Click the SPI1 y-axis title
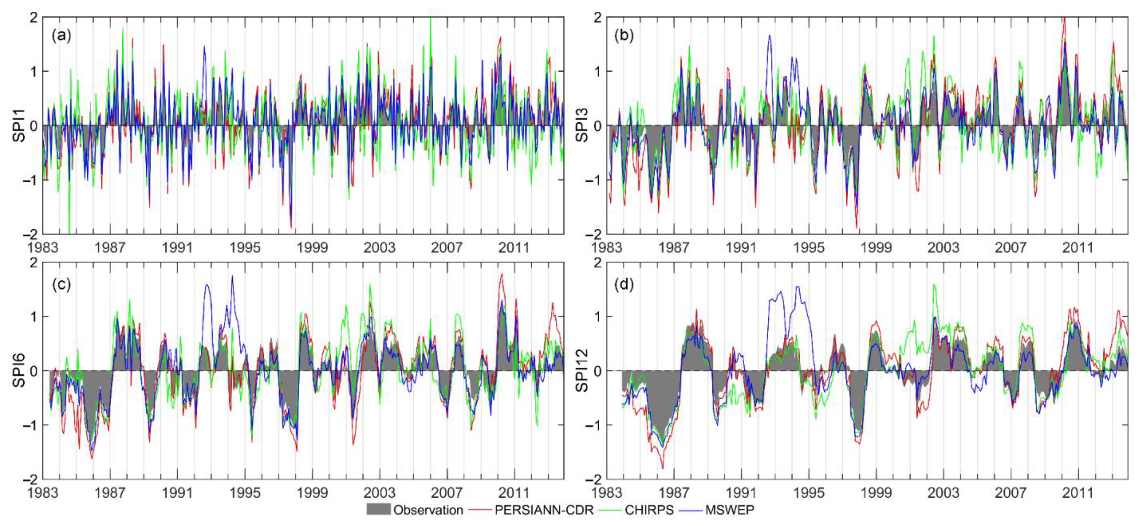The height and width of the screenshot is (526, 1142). (x=19, y=126)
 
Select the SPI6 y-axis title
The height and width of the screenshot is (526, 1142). (x=19, y=371)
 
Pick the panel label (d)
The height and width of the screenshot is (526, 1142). (x=624, y=284)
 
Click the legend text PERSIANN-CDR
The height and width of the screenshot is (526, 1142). (x=544, y=510)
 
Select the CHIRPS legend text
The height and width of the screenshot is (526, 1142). (x=649, y=510)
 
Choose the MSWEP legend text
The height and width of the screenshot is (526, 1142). (x=729, y=510)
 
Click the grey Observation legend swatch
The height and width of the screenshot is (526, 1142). (x=378, y=510)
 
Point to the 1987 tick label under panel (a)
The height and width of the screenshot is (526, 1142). (x=110, y=247)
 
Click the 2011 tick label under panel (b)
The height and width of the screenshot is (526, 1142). (x=1078, y=247)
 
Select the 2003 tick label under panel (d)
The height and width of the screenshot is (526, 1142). (x=943, y=493)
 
